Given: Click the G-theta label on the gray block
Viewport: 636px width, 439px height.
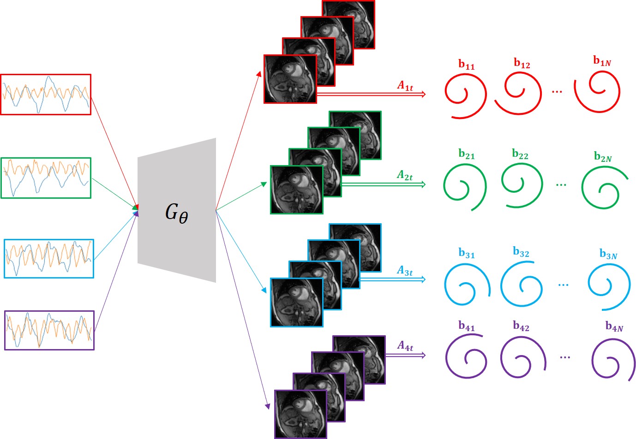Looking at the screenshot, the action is coord(176,213).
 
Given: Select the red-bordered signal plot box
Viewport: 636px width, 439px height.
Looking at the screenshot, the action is coord(46,95).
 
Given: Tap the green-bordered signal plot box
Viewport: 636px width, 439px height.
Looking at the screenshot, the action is coord(46,178).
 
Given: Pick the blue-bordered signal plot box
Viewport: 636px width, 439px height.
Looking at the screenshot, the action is coord(49,258).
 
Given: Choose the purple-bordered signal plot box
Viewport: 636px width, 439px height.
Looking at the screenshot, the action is coord(49,330).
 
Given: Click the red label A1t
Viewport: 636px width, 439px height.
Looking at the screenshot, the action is coord(405,86).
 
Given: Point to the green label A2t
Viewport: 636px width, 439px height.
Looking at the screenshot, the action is coord(405,176).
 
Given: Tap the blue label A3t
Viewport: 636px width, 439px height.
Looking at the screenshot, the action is coord(405,271).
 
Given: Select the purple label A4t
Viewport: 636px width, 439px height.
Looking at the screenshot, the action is coord(405,346).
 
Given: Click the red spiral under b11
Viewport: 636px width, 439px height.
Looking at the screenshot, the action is coord(465,96).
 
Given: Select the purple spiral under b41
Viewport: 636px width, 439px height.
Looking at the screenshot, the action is coord(466,356).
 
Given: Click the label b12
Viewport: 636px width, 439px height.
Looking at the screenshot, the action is coord(522,64).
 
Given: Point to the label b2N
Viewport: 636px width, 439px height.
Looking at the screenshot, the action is coord(602,157).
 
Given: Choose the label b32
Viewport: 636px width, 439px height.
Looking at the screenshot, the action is coord(521,252).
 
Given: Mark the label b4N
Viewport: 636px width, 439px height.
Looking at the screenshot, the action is coord(614,326).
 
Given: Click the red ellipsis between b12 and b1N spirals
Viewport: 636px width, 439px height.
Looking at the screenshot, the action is coord(557,91).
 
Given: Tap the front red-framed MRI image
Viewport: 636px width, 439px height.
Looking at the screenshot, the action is coord(290,79).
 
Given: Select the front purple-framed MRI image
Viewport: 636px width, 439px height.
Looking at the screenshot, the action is coord(300,414).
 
